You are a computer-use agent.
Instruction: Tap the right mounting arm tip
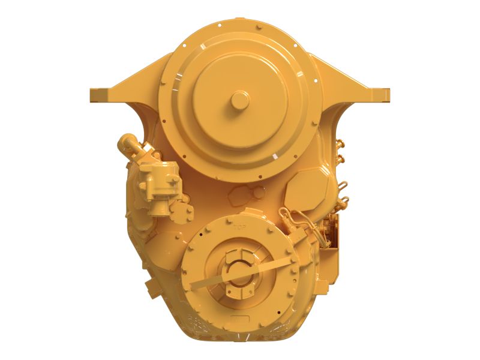pos(385,95)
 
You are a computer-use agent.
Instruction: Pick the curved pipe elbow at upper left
pos(128,145)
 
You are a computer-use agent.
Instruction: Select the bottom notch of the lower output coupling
pos(240,292)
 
